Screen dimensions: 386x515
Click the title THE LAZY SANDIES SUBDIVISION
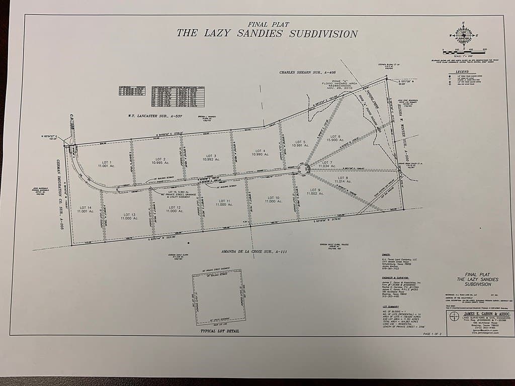tap(267, 34)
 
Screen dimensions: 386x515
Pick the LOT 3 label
tap(211, 157)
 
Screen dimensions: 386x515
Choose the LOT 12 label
tap(175, 209)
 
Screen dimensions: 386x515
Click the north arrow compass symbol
tap(463, 35)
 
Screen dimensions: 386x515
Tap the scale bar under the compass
tap(463, 51)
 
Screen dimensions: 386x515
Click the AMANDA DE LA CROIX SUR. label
tap(250, 251)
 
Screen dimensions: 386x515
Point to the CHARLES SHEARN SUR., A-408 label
tap(308, 73)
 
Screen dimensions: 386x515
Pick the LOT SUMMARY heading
tap(390, 307)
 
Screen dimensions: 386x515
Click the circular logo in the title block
tap(454, 317)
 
